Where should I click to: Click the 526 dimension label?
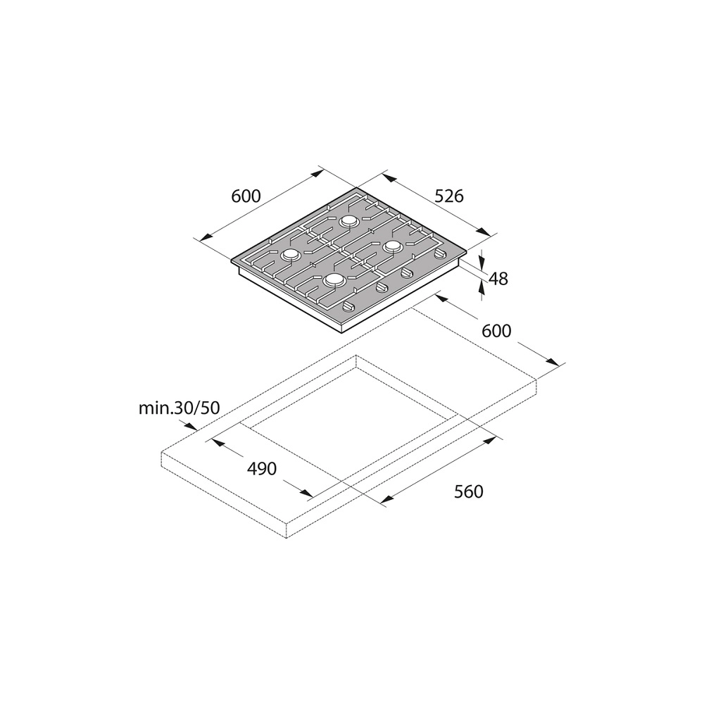(x=449, y=196)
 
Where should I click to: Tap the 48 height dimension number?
(x=498, y=279)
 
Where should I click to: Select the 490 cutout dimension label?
(x=262, y=469)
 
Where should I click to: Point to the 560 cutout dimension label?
(x=469, y=491)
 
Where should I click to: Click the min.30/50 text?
(x=179, y=408)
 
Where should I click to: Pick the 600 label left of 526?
(x=246, y=196)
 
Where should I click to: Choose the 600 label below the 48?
(x=496, y=331)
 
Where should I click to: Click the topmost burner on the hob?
(x=349, y=221)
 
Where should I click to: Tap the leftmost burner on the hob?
(x=290, y=255)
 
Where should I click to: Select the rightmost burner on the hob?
(x=392, y=246)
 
